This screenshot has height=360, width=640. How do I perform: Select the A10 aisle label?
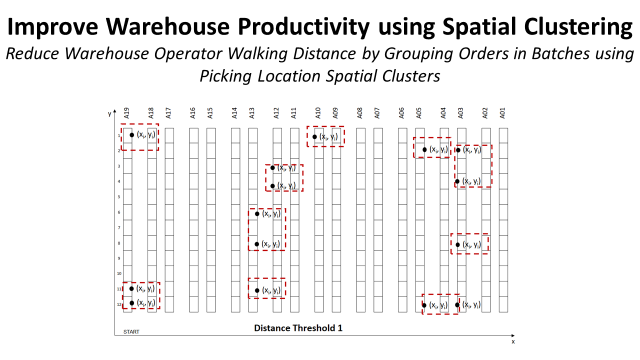click(x=318, y=114)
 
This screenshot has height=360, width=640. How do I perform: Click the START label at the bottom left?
click(x=131, y=331)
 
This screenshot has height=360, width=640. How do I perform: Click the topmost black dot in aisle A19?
click(x=131, y=135)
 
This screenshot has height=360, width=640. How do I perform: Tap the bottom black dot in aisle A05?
click(x=425, y=305)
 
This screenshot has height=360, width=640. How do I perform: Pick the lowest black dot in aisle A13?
click(x=257, y=290)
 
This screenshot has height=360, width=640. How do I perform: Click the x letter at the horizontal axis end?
click(x=514, y=341)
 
